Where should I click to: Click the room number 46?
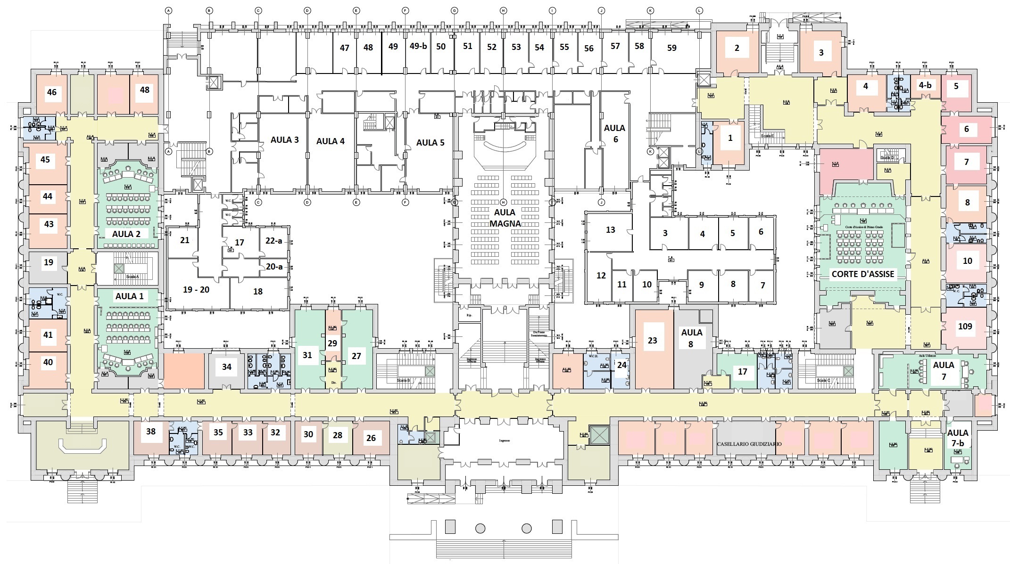52,92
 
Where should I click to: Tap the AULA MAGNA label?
505,218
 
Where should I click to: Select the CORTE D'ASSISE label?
862,274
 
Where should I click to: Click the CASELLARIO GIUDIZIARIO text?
749,444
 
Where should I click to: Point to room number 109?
965,326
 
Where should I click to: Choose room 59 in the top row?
672,48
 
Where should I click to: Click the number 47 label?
344,48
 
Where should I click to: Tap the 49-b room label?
418,46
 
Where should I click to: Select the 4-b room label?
925,85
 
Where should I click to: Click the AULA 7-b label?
958,438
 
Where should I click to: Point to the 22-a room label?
273,241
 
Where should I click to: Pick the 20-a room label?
274,267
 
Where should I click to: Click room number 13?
610,230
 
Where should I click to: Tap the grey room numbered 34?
227,367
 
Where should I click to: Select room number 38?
150,431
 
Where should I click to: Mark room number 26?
371,438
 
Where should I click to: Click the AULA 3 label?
284,140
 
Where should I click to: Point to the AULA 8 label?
691,338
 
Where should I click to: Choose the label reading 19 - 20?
196,289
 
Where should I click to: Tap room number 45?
45,159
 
